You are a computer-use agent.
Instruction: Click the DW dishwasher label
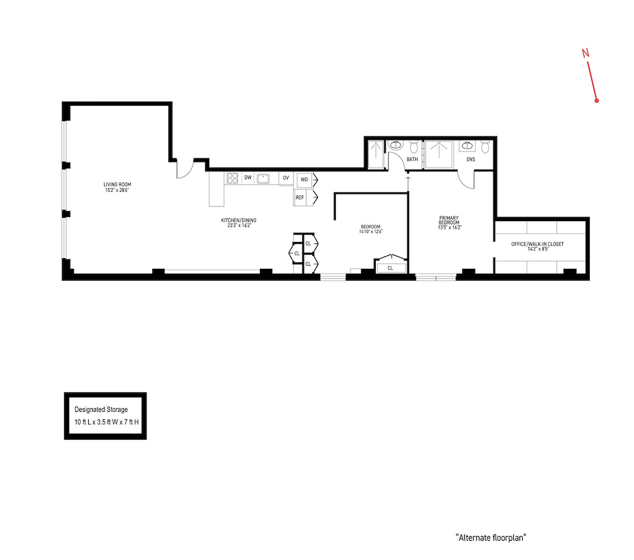coord(248,178)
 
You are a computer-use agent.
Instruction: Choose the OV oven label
coord(286,178)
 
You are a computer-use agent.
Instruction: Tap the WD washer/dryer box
coord(304,179)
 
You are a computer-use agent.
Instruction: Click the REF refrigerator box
coord(301,198)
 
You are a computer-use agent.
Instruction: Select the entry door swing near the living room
coord(184,169)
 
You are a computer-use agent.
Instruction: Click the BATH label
coord(412,159)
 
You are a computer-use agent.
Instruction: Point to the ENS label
coord(471,159)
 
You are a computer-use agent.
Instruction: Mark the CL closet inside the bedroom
coord(390,268)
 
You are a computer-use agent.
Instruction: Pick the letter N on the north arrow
coord(585,53)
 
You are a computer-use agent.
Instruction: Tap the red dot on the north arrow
coord(596,101)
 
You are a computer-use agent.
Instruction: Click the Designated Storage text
coord(101,409)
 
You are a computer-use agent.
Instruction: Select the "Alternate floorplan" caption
coord(490,538)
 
